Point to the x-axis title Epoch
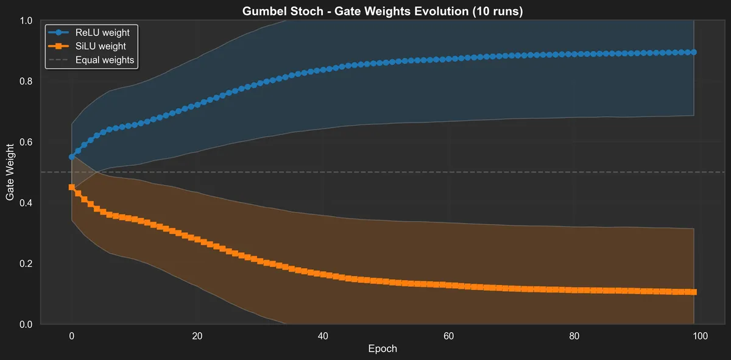tap(383, 348)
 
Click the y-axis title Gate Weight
tap(10, 172)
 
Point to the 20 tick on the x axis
tap(197, 336)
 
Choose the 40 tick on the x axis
tap(323, 336)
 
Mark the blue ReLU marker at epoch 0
tap(72, 157)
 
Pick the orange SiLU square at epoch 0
tap(72, 188)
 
